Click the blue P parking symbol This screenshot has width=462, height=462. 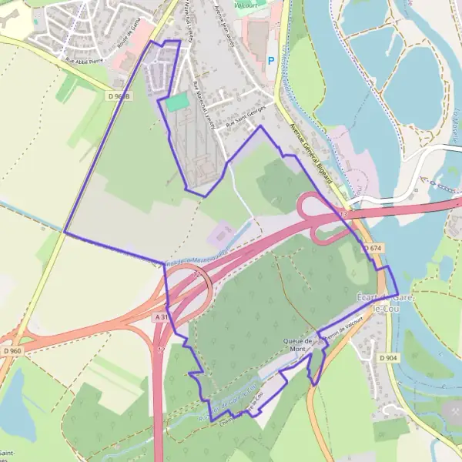(270, 60)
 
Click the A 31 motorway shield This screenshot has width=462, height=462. (161, 317)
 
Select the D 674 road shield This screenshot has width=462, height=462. (373, 248)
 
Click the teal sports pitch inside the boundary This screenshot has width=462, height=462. (177, 102)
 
